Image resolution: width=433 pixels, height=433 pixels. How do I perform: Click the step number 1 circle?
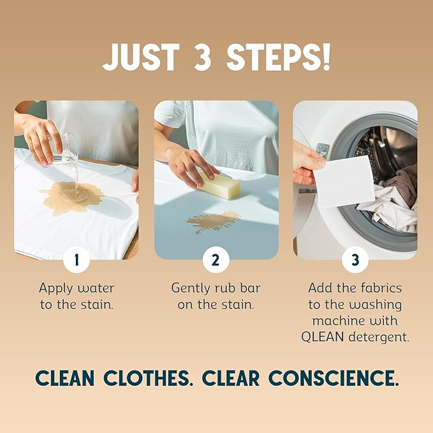77,260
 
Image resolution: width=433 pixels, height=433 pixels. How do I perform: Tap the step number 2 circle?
216,260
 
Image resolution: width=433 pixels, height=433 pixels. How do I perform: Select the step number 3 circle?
355,260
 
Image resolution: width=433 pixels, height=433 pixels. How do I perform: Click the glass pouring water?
64,149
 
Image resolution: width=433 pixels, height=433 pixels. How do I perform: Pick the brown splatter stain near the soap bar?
214,221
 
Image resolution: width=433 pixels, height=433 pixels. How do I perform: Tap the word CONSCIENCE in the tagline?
334,378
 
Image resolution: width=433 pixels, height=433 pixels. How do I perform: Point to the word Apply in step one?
56,288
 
